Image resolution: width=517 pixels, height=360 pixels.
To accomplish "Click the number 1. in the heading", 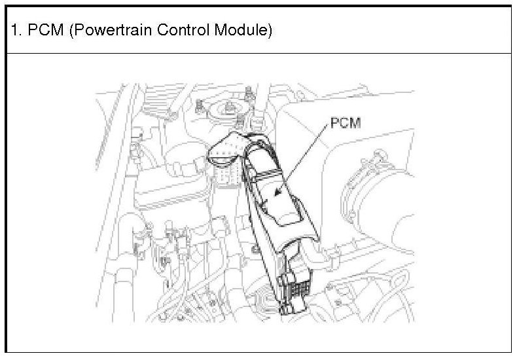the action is pyautogui.click(x=16, y=31).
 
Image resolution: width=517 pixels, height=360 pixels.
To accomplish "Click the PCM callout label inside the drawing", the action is pyautogui.click(x=346, y=123).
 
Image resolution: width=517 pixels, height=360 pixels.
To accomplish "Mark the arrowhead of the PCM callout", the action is pyautogui.click(x=277, y=194).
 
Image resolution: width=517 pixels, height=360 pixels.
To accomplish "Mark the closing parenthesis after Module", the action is pyautogui.click(x=268, y=31).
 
